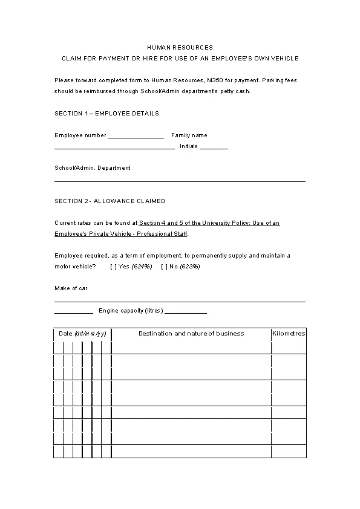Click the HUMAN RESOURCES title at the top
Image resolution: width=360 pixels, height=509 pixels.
[x=180, y=47]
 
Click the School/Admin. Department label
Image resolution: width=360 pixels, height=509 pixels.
[x=92, y=168]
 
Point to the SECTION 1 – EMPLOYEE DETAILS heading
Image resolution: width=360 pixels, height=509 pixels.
[x=106, y=113]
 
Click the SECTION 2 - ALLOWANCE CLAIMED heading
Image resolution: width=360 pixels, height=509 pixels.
[x=110, y=201]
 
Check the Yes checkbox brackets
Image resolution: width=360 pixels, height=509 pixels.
[x=113, y=266]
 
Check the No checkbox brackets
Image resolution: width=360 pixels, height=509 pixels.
[x=164, y=266]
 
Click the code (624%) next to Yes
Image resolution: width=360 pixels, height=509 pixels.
[x=142, y=266]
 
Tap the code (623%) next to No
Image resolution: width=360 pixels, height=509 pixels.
[x=190, y=266]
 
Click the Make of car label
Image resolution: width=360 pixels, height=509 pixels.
[x=71, y=288]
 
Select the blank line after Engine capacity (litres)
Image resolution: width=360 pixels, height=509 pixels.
[x=186, y=312]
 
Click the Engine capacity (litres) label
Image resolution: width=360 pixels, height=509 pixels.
[x=131, y=311]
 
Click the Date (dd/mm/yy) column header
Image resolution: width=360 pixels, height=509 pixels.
[x=82, y=334]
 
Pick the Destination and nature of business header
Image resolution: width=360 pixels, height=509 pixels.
[x=191, y=334]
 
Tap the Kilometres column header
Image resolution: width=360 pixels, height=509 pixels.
[x=289, y=334]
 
